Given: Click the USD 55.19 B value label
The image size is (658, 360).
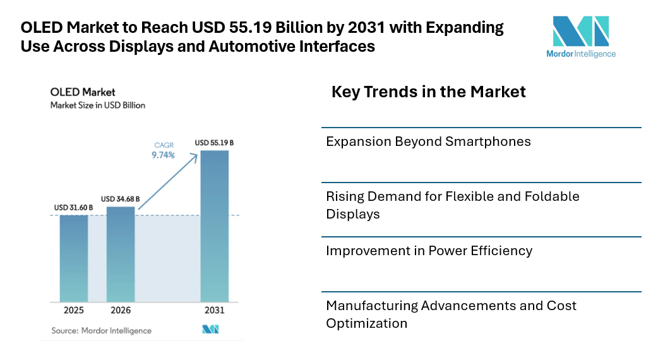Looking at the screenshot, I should (215, 143).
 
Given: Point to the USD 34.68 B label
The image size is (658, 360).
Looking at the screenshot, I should (121, 199).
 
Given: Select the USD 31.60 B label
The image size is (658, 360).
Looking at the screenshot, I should (74, 207).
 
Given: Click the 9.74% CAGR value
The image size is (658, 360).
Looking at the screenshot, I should (163, 154).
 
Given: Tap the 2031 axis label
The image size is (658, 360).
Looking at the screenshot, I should (215, 311).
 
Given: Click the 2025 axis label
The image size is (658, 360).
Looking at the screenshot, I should (74, 311).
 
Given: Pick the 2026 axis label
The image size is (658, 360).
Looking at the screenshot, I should (121, 311).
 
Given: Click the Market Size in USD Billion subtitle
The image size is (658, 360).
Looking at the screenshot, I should (98, 105).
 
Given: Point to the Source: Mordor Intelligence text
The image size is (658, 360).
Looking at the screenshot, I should (101, 330).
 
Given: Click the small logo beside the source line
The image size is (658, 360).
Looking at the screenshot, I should (210, 330).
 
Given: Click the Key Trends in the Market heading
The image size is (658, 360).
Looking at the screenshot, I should (429, 92).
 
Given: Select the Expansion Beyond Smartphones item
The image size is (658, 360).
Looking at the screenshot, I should (428, 141).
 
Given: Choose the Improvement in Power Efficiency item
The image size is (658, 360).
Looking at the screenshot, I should (429, 251).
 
